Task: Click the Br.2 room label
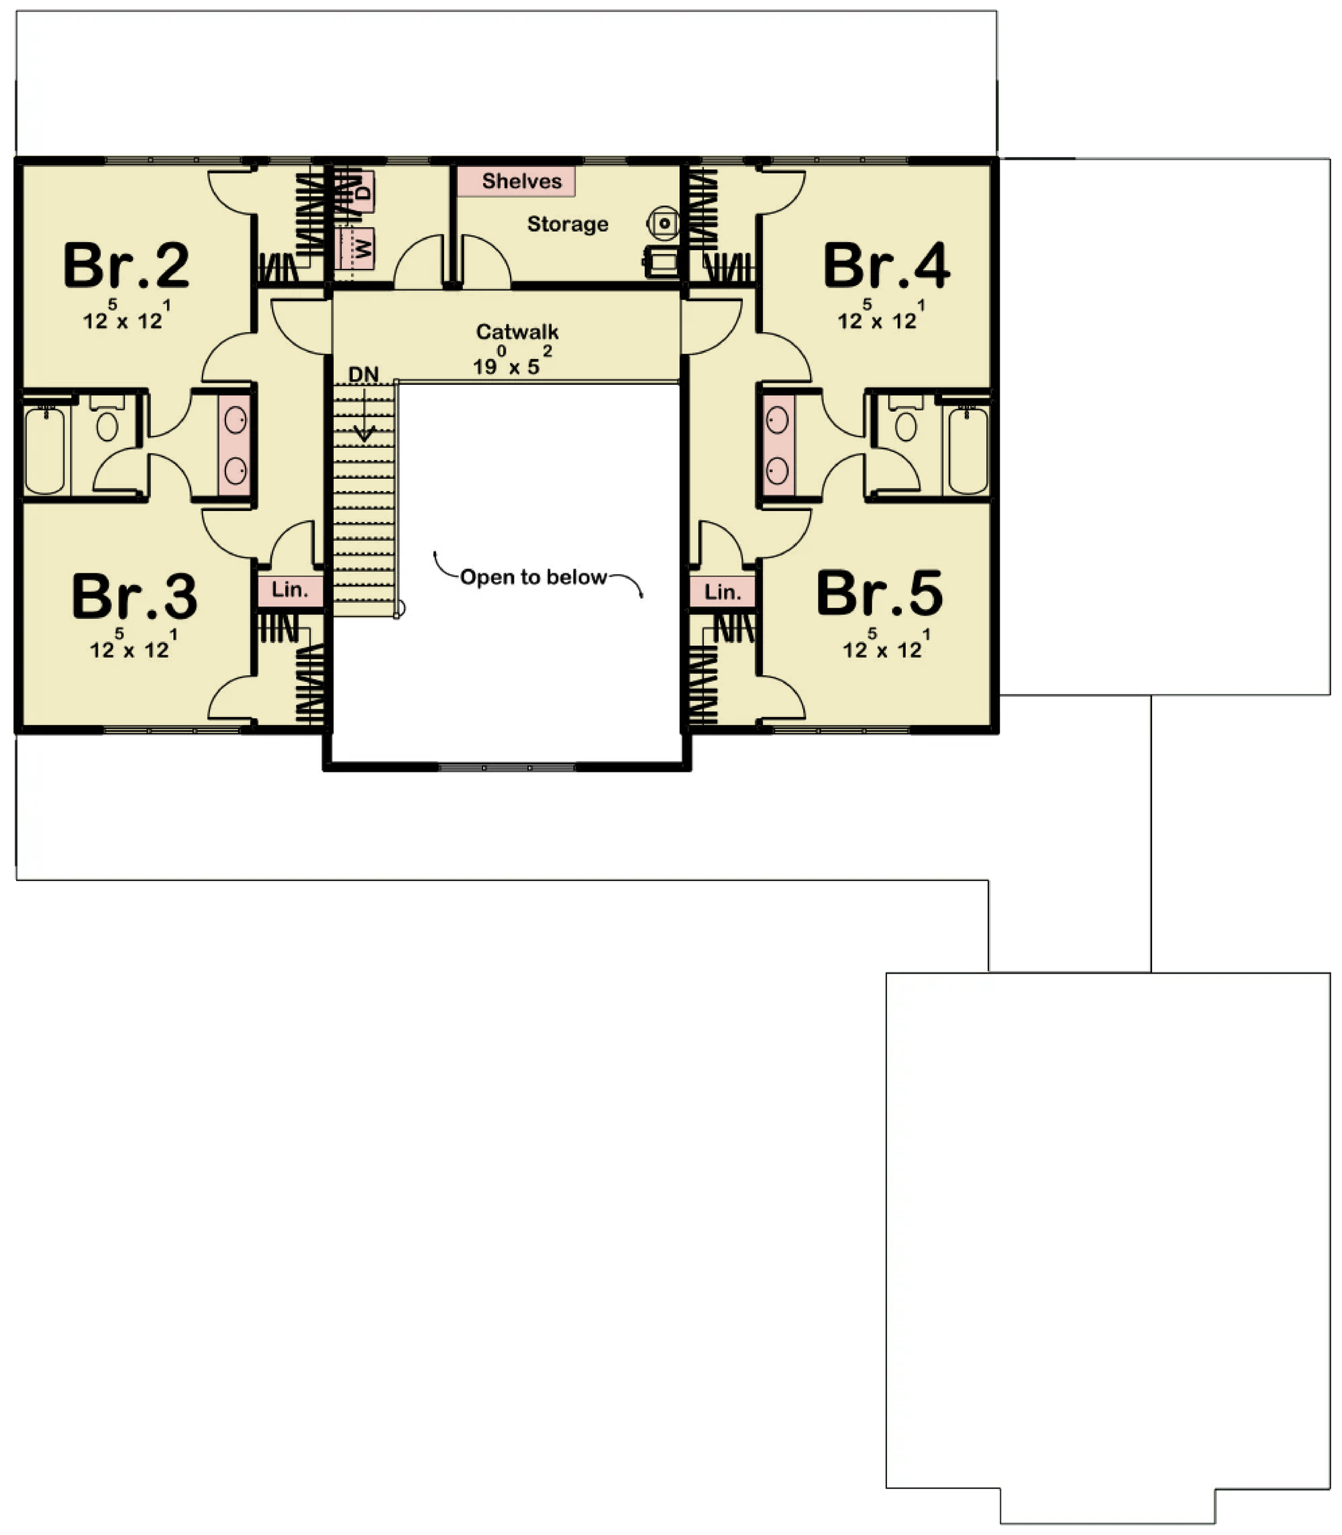pos(127,266)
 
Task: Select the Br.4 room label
pos(886,266)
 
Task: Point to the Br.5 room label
pos(880,593)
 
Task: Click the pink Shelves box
pos(516,181)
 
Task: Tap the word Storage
pos(568,224)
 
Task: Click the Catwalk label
pos(517,331)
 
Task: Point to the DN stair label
pos(364,374)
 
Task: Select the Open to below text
pos(533,577)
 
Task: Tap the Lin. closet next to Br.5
pos(723,593)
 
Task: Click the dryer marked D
pos(362,191)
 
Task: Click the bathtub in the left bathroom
pos(45,449)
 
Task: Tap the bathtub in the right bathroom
pos(968,449)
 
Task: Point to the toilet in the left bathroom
pos(107,420)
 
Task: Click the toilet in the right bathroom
pos(906,420)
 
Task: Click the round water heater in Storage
pos(664,223)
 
